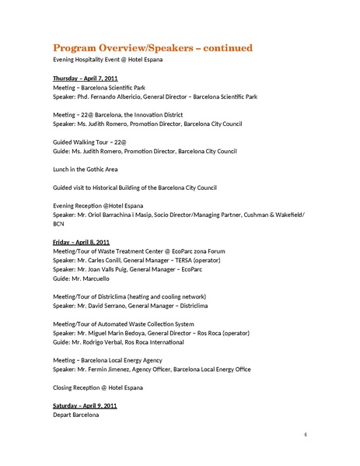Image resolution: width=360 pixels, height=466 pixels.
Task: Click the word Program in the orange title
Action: point(77,48)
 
